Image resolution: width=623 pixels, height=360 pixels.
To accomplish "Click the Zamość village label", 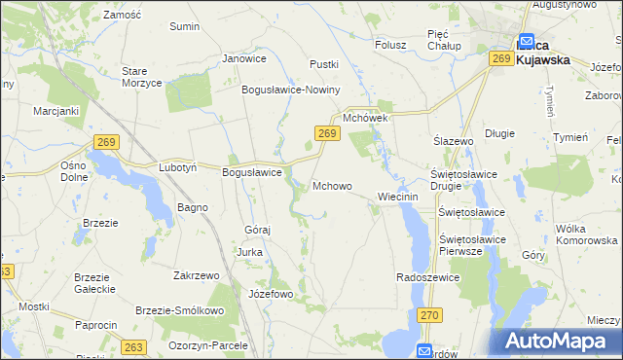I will click(122, 17).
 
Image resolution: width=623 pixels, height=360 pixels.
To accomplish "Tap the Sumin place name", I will click(184, 26).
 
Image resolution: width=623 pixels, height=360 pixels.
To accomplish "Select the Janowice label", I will click(244, 58).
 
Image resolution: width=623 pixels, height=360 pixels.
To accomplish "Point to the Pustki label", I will click(323, 64).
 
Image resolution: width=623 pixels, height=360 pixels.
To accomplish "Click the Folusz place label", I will click(390, 44).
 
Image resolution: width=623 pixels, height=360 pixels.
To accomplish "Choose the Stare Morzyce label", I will click(141, 77).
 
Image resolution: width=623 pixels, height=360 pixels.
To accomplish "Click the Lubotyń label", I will click(179, 167).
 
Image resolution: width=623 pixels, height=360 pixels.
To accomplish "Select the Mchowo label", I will click(332, 186).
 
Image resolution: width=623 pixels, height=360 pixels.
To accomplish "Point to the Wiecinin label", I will click(397, 197).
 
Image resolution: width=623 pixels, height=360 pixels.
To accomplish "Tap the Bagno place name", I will click(192, 208).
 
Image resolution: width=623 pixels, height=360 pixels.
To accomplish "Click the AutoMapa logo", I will click(559, 342).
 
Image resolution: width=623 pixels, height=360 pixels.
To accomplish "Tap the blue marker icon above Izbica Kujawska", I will click(527, 42).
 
